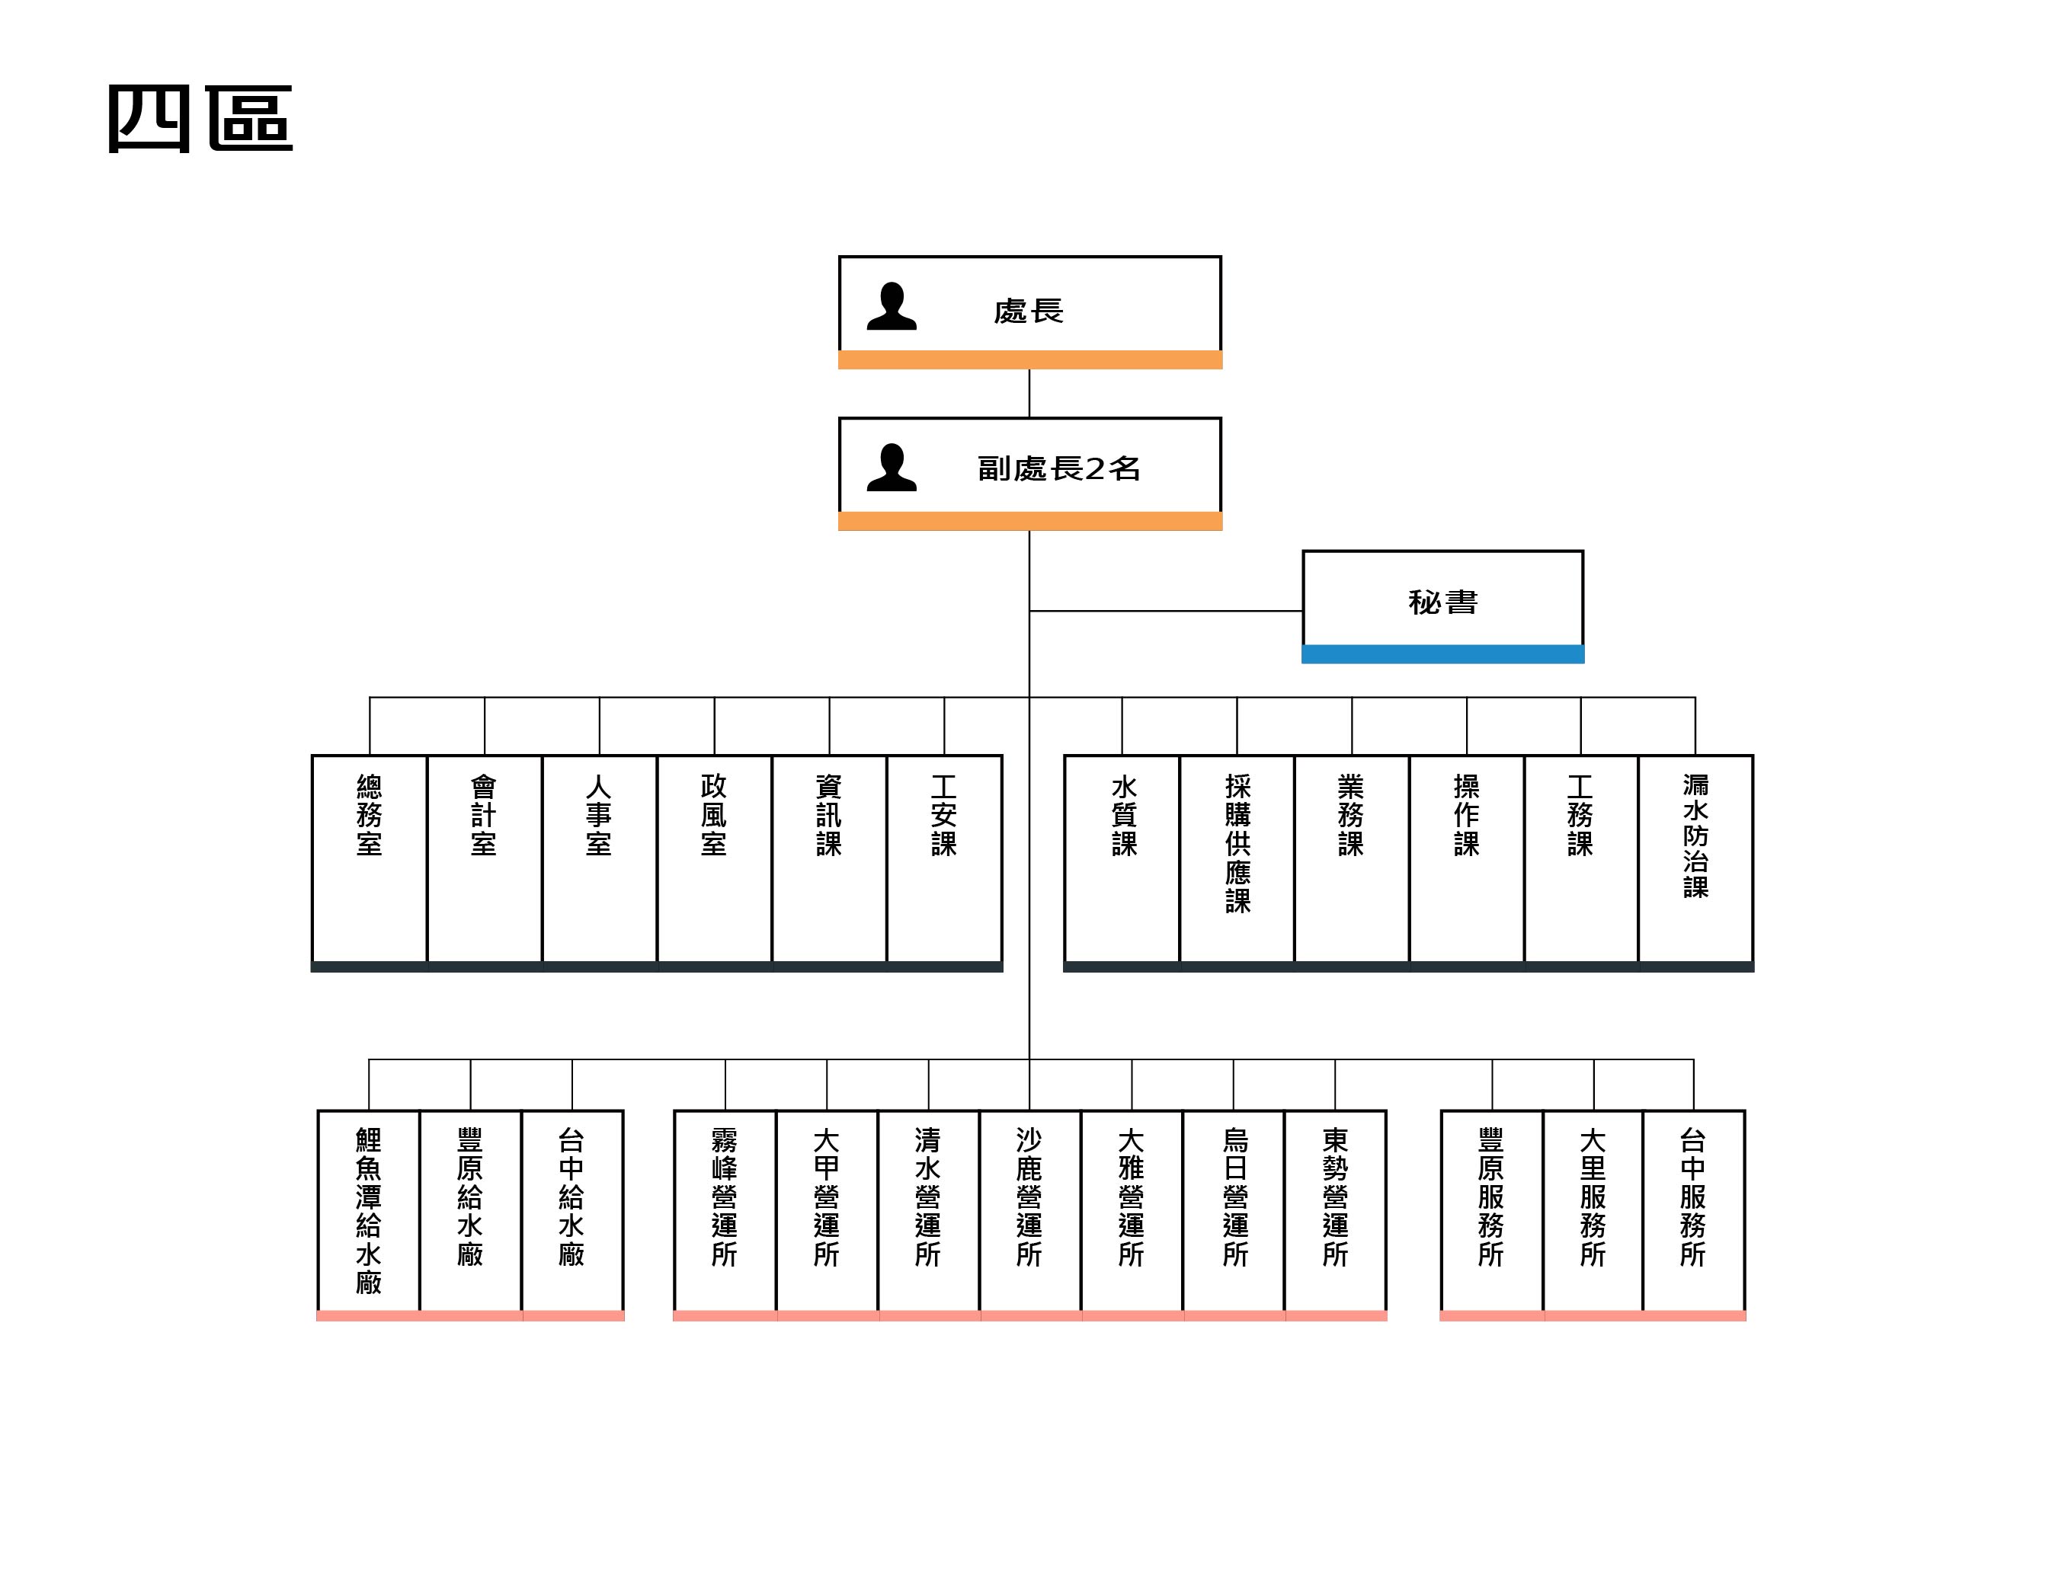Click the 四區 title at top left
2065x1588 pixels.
pos(200,118)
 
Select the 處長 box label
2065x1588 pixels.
pos(1029,311)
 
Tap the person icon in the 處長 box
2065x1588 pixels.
pos(892,306)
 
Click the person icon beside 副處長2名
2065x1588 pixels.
pos(892,468)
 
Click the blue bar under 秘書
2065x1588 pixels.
pos(1443,654)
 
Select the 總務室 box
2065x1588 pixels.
pos(370,863)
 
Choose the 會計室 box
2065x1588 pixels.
pos(484,863)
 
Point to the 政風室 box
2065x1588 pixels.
pos(714,863)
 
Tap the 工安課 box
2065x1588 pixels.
pos(945,863)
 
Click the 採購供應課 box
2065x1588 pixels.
pos(1237,863)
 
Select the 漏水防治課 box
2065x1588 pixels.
pos(1695,863)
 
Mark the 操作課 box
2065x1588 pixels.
pos(1467,863)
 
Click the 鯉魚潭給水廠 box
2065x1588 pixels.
pos(369,1216)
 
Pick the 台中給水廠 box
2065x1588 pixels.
pos(572,1216)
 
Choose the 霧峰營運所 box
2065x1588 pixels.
pos(725,1216)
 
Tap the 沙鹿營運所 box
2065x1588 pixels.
pos(1029,1216)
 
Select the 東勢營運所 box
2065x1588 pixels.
pos(1335,1216)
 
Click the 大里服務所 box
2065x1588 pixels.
pos(1593,1216)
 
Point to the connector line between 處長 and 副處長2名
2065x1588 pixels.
pos(1029,393)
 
